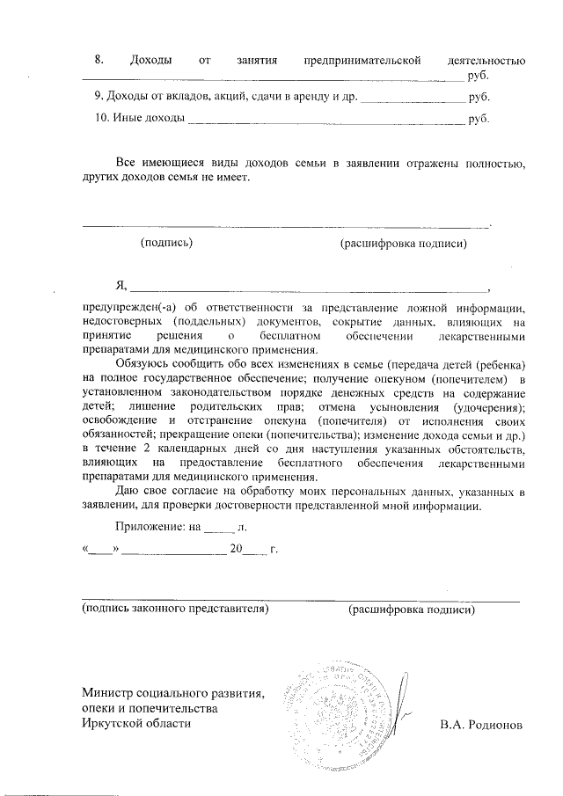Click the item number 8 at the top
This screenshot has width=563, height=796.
click(x=99, y=60)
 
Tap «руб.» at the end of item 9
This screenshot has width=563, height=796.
click(x=479, y=96)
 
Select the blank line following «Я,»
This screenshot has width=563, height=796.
click(x=309, y=287)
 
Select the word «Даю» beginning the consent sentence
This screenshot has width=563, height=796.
click(x=128, y=490)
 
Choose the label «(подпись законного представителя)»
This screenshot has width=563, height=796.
click(x=174, y=608)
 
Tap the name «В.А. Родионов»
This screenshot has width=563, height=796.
click(x=480, y=725)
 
